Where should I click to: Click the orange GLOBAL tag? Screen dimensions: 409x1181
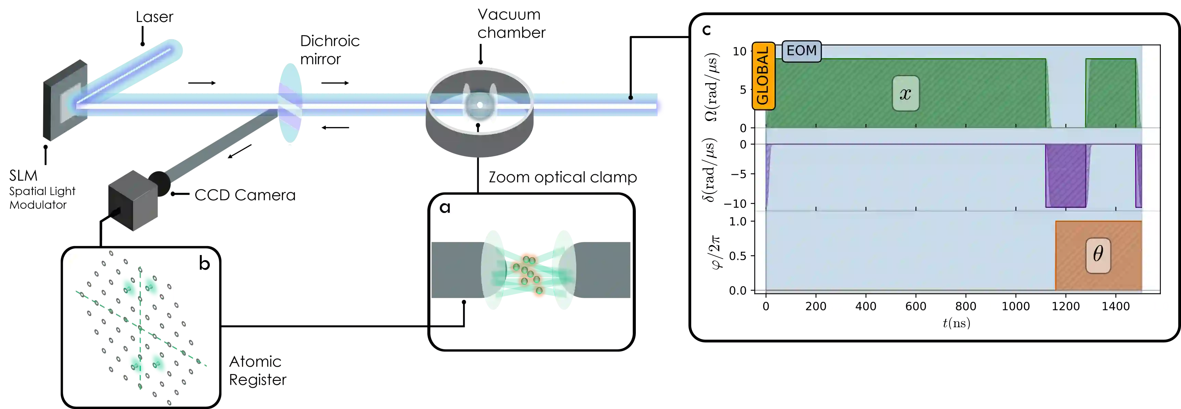tap(763, 76)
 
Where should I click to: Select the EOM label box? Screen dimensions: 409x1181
tap(801, 50)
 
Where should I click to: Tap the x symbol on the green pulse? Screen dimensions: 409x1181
tap(906, 93)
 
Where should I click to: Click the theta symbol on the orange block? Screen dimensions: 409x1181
tap(1098, 254)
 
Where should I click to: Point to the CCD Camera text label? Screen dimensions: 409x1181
tap(245, 196)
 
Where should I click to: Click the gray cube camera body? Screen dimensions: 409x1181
tap(132, 200)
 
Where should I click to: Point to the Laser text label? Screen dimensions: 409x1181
tap(155, 18)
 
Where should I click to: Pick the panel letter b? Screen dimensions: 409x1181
tap(204, 263)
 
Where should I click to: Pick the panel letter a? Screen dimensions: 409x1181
tap(445, 209)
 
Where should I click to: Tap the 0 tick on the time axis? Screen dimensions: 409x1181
tap(766, 306)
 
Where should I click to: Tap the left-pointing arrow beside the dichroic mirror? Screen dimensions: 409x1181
tap(336, 127)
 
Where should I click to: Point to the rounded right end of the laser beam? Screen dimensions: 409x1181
tap(660, 106)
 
